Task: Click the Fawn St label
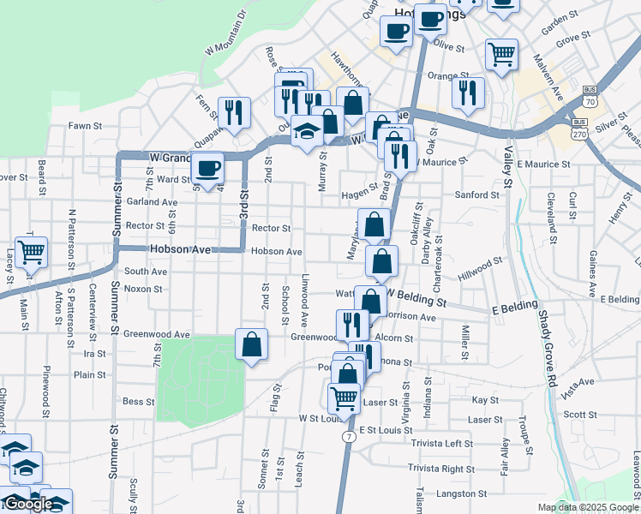[86, 126]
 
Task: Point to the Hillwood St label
[480, 267]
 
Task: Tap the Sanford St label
[476, 195]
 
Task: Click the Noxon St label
[137, 289]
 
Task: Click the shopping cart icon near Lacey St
[31, 252]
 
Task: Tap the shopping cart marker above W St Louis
[344, 396]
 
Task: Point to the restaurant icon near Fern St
[232, 111]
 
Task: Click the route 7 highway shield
[348, 436]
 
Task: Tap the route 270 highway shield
[582, 110]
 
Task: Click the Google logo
[28, 505]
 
